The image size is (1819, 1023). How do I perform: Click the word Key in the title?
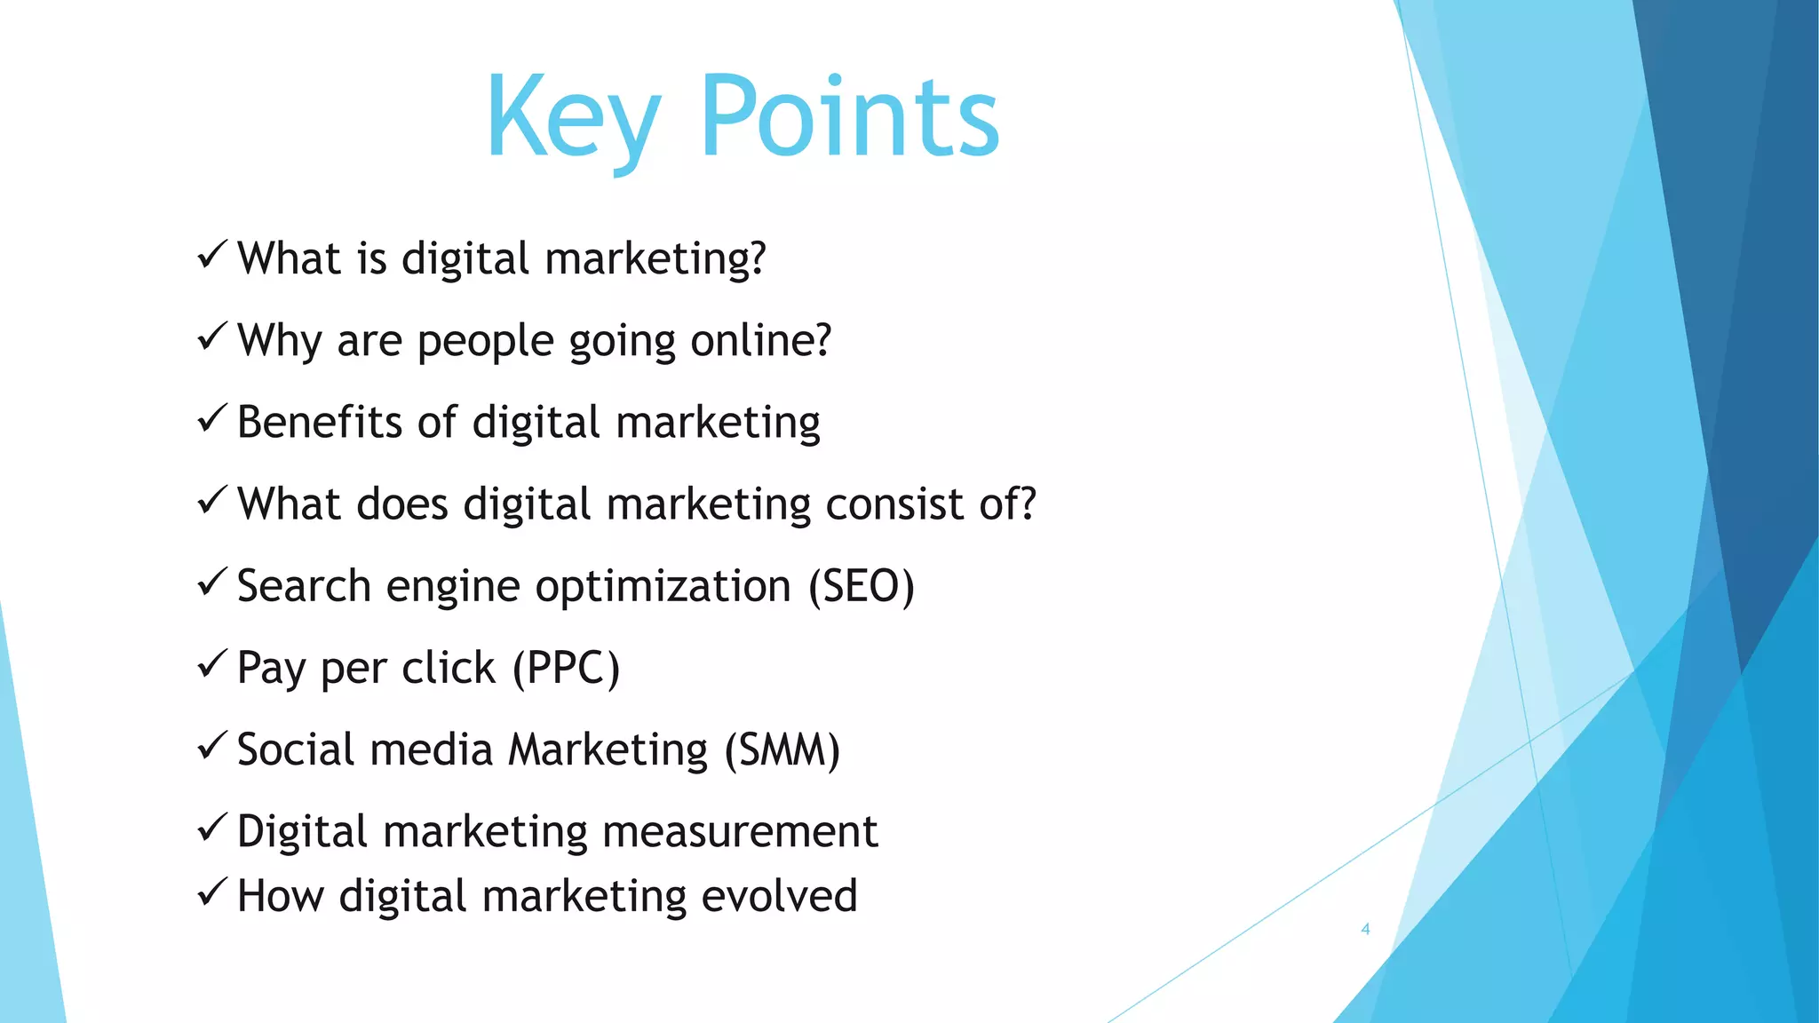pyautogui.click(x=573, y=118)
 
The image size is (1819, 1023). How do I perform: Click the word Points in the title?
pyautogui.click(x=850, y=118)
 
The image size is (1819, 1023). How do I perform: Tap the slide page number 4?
pyautogui.click(x=1365, y=929)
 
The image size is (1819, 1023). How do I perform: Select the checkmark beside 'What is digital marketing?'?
pyautogui.click(x=213, y=256)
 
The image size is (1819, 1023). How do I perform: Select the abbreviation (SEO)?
pyautogui.click(x=861, y=586)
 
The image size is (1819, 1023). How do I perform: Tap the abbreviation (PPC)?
pyautogui.click(x=566, y=668)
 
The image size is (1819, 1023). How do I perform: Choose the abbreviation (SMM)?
pyautogui.click(x=782, y=749)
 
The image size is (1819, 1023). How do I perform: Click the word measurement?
pyautogui.click(x=740, y=832)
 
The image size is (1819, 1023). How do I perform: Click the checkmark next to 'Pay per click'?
pyautogui.click(x=213, y=664)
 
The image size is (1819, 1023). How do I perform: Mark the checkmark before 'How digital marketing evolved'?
pyautogui.click(x=213, y=892)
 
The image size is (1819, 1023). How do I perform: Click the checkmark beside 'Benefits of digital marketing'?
pyautogui.click(x=213, y=418)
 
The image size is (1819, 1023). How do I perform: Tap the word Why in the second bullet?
pyautogui.click(x=280, y=340)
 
